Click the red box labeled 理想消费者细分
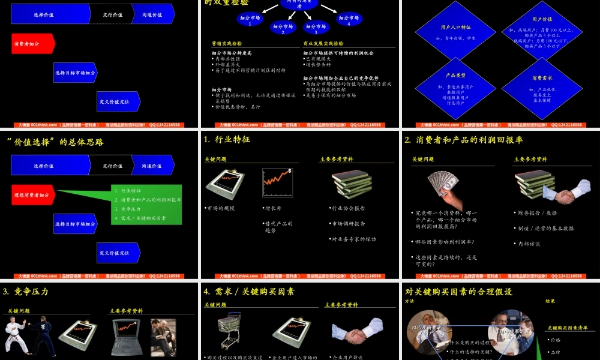pos(33,195)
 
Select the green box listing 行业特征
pos(146,204)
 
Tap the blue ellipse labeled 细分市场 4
pos(349,20)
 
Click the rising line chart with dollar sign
pos(277,182)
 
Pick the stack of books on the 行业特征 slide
pos(352,184)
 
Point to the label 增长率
pos(273,208)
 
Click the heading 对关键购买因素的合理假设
pos(459,292)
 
